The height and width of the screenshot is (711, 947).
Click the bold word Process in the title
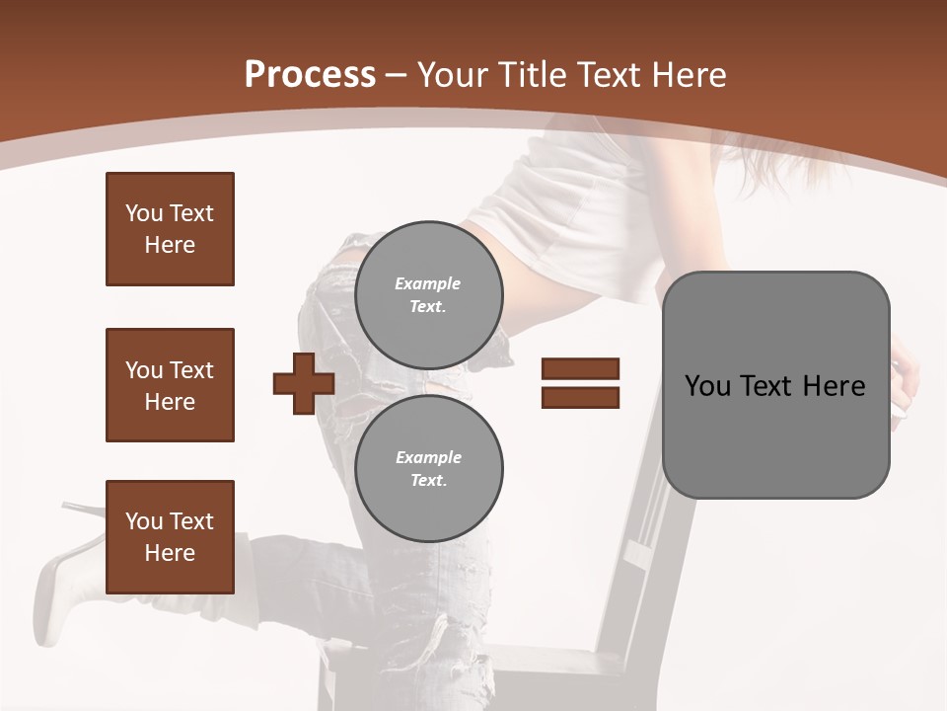[310, 75]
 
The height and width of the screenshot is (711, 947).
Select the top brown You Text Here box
[170, 229]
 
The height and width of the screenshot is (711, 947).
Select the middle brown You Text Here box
[170, 385]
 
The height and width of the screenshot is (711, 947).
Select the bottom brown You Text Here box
[170, 537]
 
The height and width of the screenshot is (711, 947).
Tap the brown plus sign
[304, 383]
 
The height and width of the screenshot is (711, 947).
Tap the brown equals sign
[580, 383]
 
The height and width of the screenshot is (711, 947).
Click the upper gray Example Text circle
[428, 295]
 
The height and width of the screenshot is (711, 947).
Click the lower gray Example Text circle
[428, 469]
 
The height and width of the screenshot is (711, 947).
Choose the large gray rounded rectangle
[775, 385]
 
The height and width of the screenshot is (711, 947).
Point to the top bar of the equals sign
[580, 369]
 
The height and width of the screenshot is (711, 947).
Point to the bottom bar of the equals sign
[580, 397]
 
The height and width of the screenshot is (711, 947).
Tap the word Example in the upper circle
[428, 283]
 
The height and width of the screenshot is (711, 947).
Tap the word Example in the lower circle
[428, 457]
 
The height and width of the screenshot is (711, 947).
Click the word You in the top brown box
[144, 213]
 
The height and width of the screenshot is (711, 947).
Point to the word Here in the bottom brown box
[170, 553]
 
